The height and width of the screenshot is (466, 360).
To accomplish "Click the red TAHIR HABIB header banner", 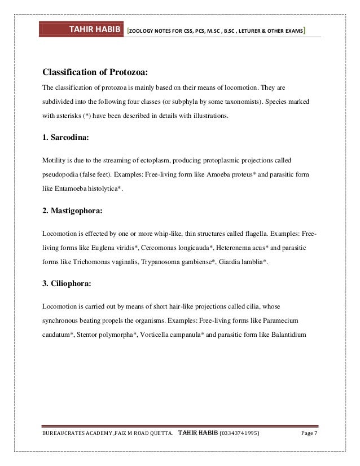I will tap(83, 29).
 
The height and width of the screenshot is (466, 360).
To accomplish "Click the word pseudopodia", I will tap(62, 174).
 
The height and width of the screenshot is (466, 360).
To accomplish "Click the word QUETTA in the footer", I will tap(156, 433).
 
